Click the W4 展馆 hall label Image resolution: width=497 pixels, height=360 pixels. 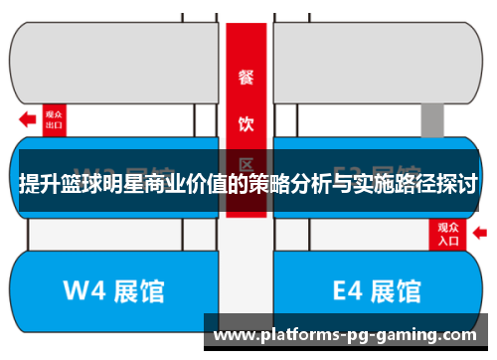[113, 291]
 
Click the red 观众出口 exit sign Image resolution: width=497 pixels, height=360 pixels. [55, 120]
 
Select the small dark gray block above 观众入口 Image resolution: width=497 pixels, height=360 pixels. [431, 119]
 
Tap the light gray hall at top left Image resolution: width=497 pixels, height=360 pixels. [114, 60]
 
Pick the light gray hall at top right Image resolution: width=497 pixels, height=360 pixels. [378, 60]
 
